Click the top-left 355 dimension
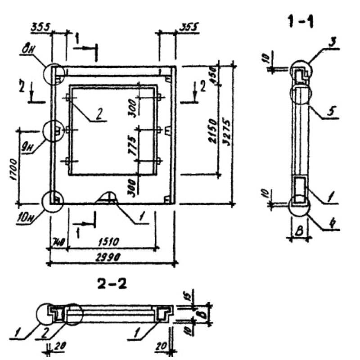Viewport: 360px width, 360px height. pos(41,28)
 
